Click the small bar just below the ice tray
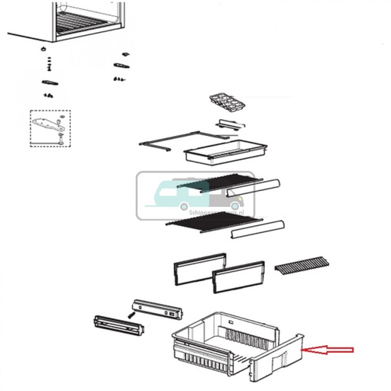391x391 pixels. [229, 124]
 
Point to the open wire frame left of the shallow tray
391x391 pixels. [163, 144]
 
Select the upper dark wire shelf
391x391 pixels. [214, 183]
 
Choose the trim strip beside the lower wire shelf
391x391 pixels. [257, 228]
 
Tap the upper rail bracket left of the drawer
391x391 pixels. [159, 309]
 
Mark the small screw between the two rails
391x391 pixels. [132, 313]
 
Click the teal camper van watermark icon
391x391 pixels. [165, 195]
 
